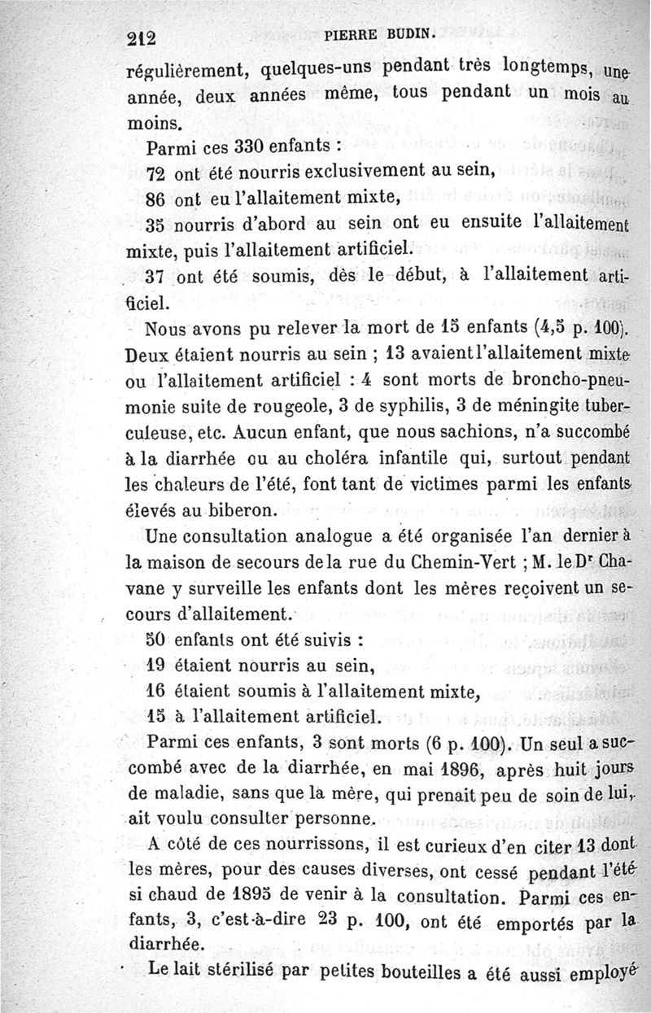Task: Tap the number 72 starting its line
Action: pyautogui.click(x=155, y=174)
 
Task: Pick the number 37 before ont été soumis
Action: pyautogui.click(x=155, y=277)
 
